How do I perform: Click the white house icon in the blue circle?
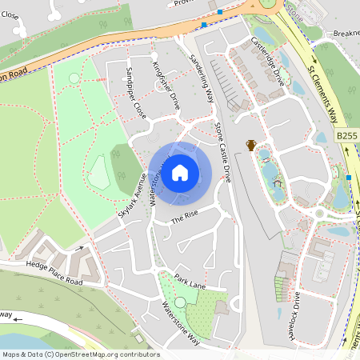pyautogui.click(x=180, y=173)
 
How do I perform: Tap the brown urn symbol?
pyautogui.click(x=251, y=145)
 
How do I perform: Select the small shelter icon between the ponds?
pyautogui.click(x=278, y=183)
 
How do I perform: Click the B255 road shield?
pyautogui.click(x=346, y=137)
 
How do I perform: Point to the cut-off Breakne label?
pyautogui.click(x=346, y=33)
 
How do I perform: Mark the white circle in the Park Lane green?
pyautogui.click(x=180, y=302)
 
